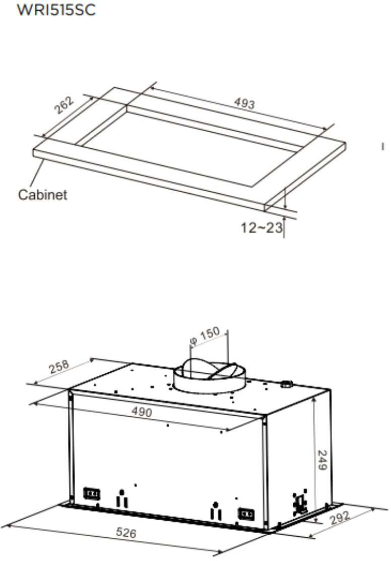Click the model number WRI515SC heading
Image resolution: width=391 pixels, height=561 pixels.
(x=56, y=10)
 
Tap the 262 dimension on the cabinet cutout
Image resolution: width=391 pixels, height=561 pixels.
(x=64, y=105)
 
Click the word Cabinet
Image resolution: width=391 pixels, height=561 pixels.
(x=42, y=194)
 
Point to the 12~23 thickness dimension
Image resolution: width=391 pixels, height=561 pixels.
(x=261, y=228)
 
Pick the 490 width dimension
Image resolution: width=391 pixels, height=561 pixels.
(x=142, y=411)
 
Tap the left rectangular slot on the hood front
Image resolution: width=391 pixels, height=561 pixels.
(x=91, y=493)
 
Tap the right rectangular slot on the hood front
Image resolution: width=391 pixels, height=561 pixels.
(x=246, y=514)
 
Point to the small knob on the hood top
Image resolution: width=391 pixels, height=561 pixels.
(x=287, y=384)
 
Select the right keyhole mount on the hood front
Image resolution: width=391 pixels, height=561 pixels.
(x=216, y=511)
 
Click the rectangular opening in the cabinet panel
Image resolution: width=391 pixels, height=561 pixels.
(x=191, y=146)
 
